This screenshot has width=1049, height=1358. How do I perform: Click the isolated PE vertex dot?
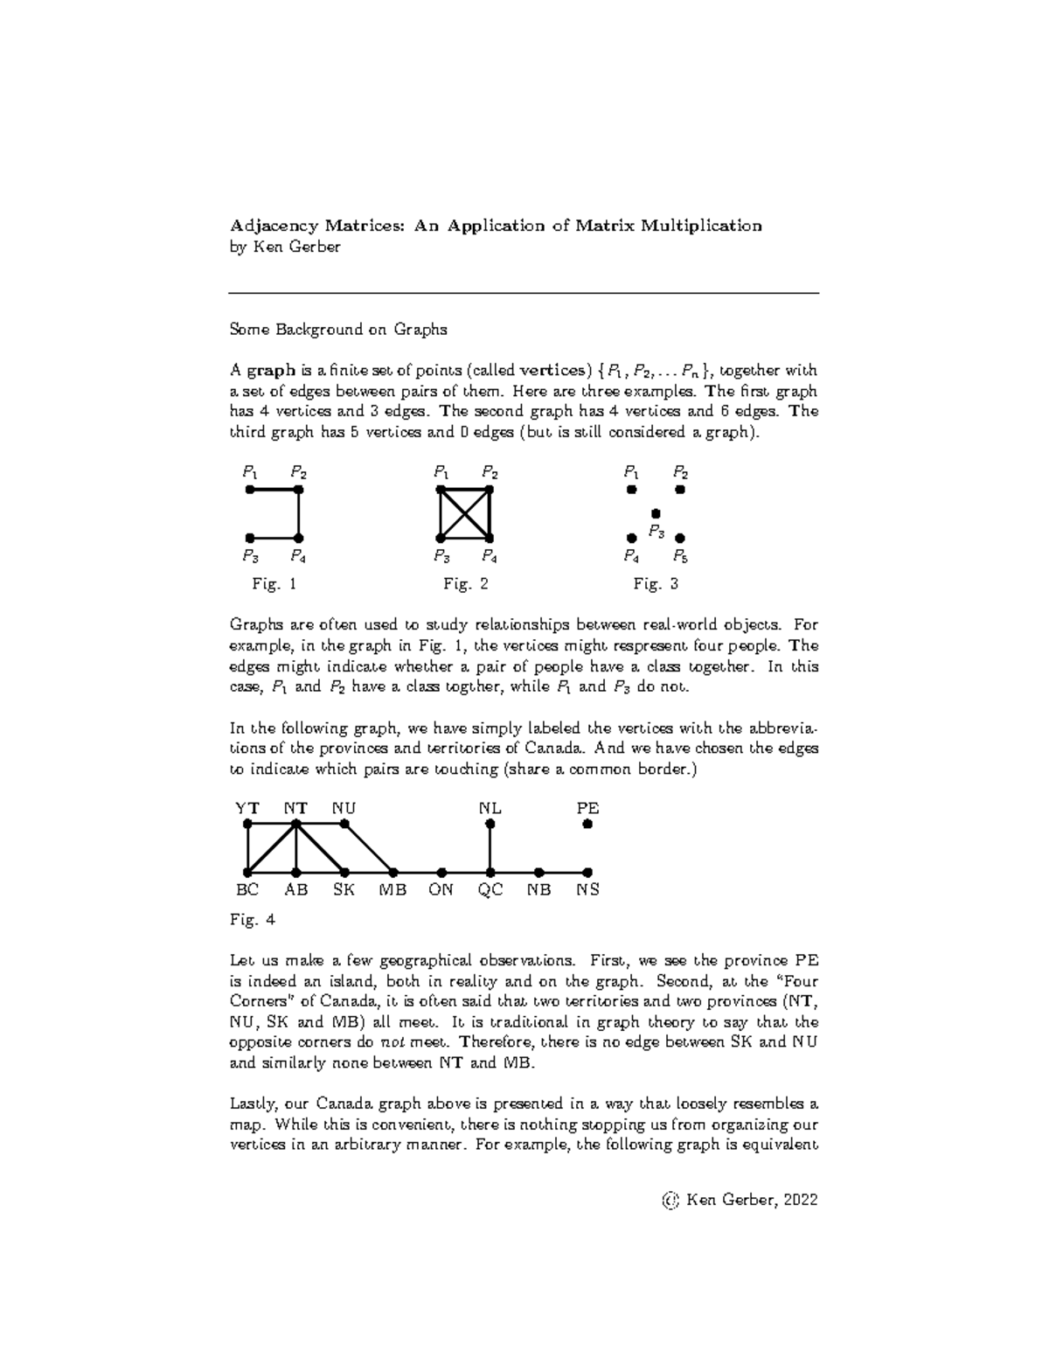tap(587, 824)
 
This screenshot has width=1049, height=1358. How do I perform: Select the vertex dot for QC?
tap(490, 872)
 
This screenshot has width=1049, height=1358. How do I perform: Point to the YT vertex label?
tap(247, 808)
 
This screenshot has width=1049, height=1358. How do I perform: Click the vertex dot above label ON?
tap(442, 872)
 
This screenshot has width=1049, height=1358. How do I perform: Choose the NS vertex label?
tap(587, 891)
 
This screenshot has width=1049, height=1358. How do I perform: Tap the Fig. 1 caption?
tap(274, 584)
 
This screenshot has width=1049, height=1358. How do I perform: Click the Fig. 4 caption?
tap(253, 919)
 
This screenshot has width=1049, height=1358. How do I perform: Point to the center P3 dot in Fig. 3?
tap(656, 514)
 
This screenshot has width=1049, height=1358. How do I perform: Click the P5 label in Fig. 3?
tap(680, 556)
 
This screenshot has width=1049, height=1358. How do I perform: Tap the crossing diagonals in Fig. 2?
tap(466, 514)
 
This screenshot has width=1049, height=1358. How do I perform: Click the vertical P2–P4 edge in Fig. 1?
tap(299, 514)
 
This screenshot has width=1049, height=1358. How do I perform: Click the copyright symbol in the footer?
tap(671, 1201)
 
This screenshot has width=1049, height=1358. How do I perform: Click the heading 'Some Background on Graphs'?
tap(338, 330)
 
